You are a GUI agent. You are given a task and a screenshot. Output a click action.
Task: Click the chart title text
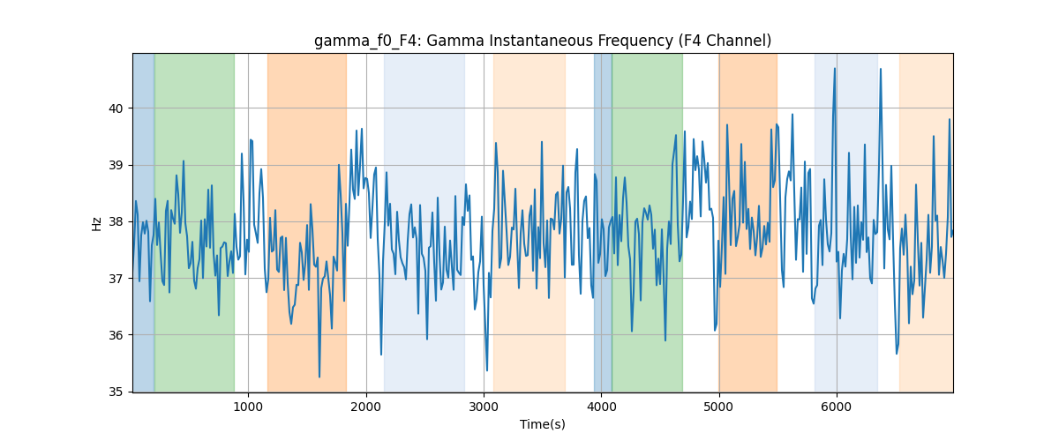[543, 41]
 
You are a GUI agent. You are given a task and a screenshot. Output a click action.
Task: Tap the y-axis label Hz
[96, 224]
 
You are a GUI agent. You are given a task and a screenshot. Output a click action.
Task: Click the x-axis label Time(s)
[543, 424]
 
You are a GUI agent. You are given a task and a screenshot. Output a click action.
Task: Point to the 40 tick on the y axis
[116, 108]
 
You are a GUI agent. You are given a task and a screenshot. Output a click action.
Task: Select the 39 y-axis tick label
[116, 166]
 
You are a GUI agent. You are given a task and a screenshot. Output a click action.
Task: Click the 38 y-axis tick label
[116, 221]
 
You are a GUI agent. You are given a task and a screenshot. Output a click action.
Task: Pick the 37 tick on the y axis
[116, 279]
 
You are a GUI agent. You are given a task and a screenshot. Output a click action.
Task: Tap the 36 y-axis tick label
[116, 335]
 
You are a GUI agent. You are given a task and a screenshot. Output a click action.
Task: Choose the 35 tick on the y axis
[116, 392]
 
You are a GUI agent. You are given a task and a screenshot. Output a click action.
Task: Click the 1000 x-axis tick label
[248, 407]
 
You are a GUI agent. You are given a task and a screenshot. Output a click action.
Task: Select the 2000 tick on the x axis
[366, 407]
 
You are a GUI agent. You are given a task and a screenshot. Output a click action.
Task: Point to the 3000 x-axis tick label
[484, 407]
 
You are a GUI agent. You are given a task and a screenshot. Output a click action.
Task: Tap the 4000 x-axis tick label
[601, 407]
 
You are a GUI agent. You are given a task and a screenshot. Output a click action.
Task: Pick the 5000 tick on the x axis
[718, 407]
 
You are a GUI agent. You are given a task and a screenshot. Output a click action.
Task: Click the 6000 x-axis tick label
[837, 407]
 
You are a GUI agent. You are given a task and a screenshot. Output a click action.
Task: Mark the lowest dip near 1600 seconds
[319, 377]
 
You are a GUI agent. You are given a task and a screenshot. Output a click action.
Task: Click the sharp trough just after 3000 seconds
[487, 370]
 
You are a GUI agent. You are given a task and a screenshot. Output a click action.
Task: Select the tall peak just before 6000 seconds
[835, 69]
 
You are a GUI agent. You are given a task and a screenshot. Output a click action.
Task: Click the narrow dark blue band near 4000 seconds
[603, 222]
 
